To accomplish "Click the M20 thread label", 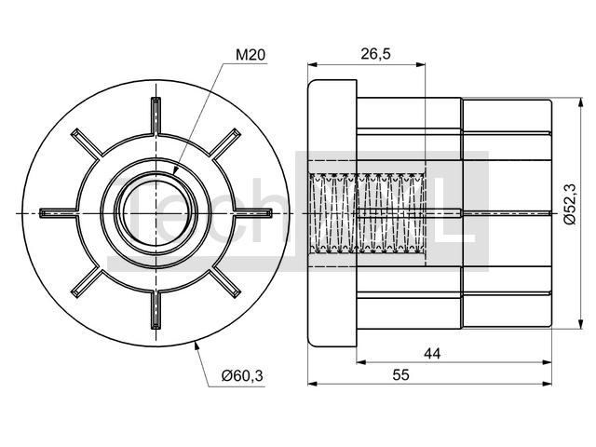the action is pos(251,55).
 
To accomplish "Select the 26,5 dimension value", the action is pos(375,54).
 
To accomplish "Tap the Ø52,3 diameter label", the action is pos(570,204).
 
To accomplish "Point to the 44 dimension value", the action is pos(432,354).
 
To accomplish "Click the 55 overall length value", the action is pos(401,375).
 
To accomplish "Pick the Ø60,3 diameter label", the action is pos(242,376).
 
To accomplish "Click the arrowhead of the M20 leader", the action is pos(175,170).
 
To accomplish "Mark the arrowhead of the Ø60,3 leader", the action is pos(196,345).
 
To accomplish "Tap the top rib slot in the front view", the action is pos(156,115).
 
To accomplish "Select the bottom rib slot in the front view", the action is pos(156,310).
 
